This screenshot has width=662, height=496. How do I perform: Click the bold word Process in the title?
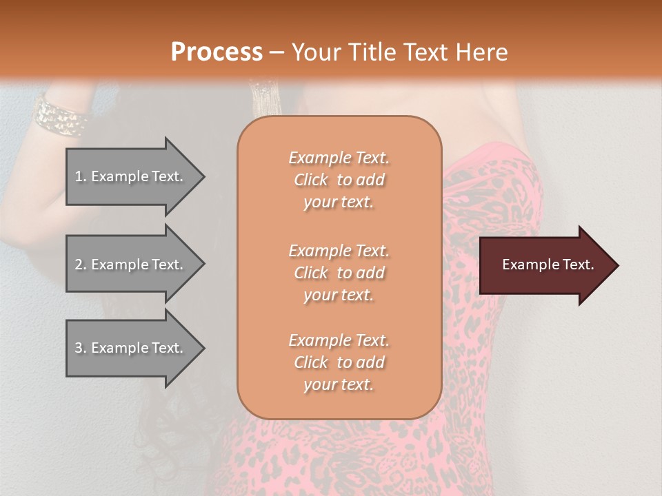pyautogui.click(x=217, y=52)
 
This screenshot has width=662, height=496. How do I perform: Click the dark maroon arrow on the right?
pyautogui.click(x=545, y=265)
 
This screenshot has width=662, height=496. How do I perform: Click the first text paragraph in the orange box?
pyautogui.click(x=339, y=180)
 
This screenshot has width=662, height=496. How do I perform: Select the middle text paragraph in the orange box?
pyautogui.click(x=339, y=273)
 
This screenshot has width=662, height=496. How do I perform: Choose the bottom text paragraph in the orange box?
pyautogui.click(x=339, y=362)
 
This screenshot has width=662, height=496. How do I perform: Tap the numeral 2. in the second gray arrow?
pyautogui.click(x=81, y=265)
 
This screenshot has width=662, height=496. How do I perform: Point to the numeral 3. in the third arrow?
pyautogui.click(x=81, y=348)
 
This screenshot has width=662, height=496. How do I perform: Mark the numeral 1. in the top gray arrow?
pyautogui.click(x=81, y=176)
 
